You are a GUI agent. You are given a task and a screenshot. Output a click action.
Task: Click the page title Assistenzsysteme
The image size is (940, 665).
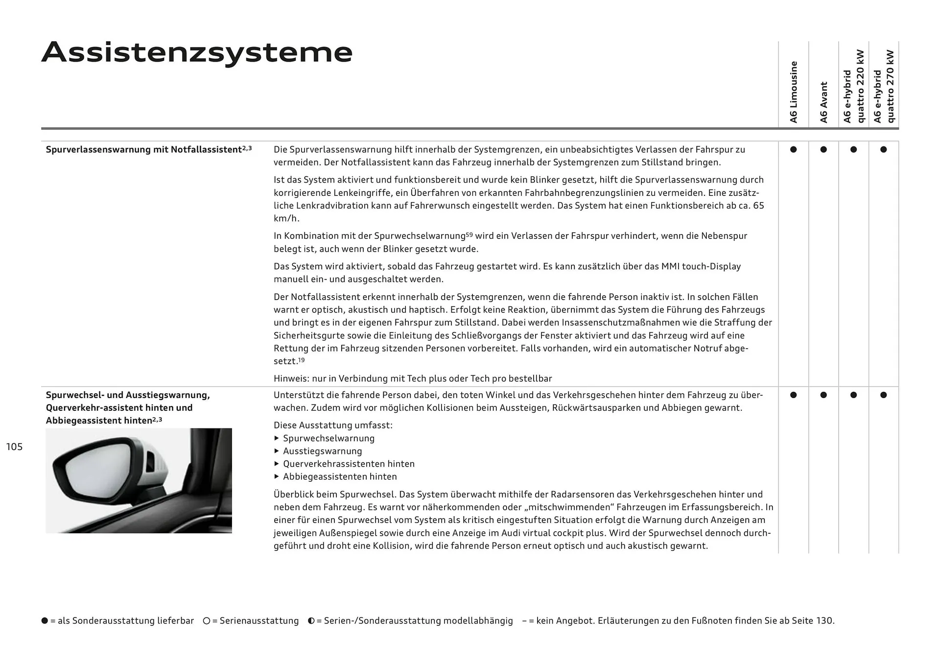[x=197, y=52]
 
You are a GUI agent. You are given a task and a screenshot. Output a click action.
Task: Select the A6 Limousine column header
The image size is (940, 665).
[x=794, y=92]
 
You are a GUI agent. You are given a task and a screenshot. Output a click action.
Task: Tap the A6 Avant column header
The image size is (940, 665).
[x=823, y=102]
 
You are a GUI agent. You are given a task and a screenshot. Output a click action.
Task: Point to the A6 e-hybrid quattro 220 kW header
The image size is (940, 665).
[x=854, y=86]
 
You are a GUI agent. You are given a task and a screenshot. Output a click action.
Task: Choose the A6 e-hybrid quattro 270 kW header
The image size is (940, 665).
[x=884, y=86]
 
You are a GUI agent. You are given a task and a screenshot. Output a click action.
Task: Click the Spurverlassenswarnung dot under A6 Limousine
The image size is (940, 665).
[x=794, y=149]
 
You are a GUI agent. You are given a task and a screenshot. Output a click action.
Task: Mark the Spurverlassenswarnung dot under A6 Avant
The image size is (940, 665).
[x=823, y=149]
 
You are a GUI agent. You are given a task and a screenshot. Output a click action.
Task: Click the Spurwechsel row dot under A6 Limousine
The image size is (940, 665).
[x=794, y=395]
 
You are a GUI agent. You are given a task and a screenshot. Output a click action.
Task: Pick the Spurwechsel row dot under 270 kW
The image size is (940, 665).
[x=884, y=395]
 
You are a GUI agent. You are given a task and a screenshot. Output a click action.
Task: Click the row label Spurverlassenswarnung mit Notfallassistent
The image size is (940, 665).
[x=144, y=150]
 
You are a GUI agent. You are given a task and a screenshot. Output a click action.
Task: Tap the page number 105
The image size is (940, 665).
[x=14, y=447]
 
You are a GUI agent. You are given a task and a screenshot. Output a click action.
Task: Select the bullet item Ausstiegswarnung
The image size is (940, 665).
[x=322, y=451]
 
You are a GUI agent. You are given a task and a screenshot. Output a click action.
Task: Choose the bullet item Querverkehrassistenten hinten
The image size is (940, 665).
[x=349, y=464]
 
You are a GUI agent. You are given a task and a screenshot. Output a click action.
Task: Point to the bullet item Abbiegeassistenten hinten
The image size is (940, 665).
[x=340, y=476]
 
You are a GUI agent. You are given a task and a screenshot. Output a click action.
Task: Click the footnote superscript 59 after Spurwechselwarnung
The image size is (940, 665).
[x=470, y=234]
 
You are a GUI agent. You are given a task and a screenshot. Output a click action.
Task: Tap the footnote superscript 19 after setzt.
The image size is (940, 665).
[x=302, y=360]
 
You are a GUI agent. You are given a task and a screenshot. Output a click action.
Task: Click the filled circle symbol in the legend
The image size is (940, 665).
[x=45, y=621]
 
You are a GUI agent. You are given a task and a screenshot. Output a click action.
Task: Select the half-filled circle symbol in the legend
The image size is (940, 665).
[x=311, y=621]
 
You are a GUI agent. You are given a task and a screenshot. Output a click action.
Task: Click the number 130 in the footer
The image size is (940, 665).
[x=824, y=621]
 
